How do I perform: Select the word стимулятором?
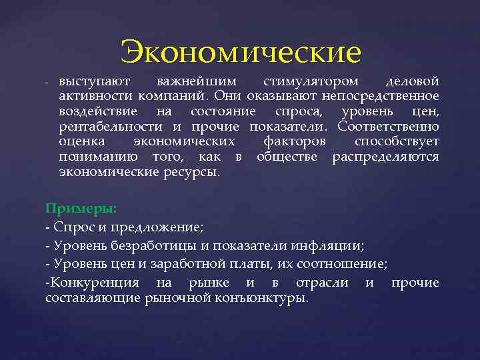pyautogui.click(x=310, y=81)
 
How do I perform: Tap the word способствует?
pyautogui.click(x=397, y=142)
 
